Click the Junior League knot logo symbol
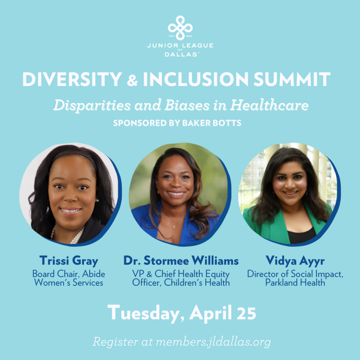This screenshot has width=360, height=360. [180, 27]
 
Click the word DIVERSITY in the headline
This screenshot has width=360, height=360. [72, 79]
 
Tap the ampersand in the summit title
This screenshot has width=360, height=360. [132, 80]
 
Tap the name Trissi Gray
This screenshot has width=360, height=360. [69, 261]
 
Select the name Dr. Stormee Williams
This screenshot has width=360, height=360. [181, 261]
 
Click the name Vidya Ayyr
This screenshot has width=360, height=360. [295, 261]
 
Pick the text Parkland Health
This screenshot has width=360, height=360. [295, 282]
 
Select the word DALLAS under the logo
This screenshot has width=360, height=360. [180, 54]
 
